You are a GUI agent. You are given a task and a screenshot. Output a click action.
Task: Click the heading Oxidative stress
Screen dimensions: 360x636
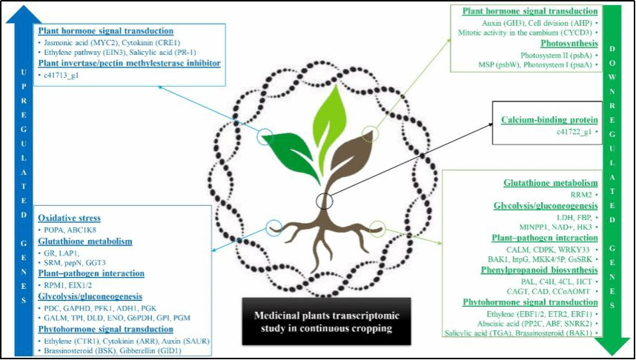[x=70, y=219]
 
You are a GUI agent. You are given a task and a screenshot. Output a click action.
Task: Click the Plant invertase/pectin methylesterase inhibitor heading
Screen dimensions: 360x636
[x=127, y=64]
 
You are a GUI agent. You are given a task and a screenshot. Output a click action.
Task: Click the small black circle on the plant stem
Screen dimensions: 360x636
[x=324, y=201]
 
